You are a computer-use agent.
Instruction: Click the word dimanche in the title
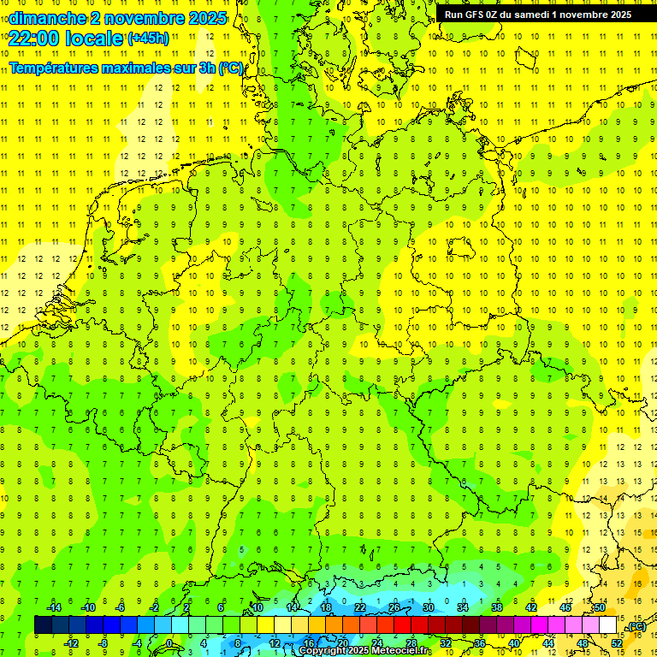(x=45, y=18)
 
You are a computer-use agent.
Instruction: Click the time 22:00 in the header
(x=38, y=38)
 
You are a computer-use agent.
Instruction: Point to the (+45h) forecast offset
(x=149, y=38)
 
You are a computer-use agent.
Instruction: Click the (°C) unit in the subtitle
(x=231, y=68)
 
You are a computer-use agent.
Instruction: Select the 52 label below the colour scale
(x=617, y=642)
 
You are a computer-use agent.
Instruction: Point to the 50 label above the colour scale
(x=600, y=607)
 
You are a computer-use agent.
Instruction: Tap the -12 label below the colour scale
(x=71, y=642)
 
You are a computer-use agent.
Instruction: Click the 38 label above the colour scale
(x=497, y=607)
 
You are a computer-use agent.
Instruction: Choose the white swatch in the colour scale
(x=607, y=624)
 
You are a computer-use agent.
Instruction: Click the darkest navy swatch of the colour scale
(x=43, y=624)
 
